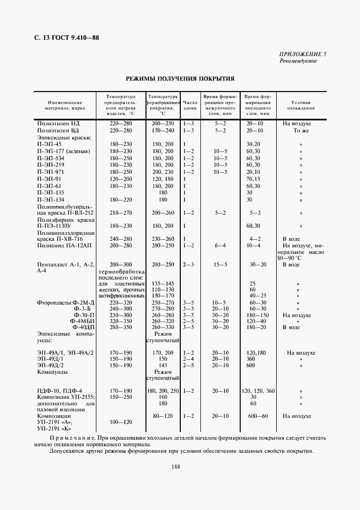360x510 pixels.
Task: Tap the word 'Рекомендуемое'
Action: point(297,60)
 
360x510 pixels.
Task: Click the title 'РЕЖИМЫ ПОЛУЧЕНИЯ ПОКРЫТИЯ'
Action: point(180,78)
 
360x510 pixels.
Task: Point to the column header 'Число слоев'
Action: point(190,101)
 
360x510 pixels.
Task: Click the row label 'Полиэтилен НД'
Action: point(58,124)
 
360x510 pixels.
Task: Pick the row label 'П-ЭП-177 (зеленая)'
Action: point(63,151)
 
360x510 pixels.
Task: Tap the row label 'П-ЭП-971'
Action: point(51,172)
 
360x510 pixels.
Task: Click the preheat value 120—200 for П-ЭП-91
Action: point(121,179)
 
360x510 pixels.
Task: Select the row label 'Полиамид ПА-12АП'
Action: point(64,246)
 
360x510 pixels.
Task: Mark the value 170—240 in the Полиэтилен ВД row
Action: point(163,131)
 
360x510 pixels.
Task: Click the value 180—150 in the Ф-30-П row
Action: point(257,314)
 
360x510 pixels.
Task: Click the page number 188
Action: point(175,466)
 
